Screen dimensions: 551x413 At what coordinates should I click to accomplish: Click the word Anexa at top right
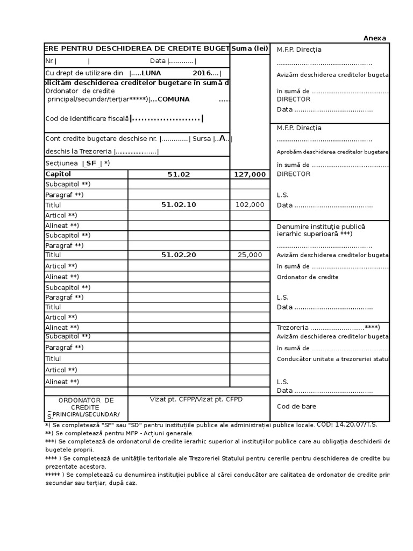pyautogui.click(x=375, y=38)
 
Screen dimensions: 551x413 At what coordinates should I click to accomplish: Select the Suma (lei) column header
pyautogui.click(x=250, y=49)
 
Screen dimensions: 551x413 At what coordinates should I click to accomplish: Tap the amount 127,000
pyautogui.click(x=250, y=174)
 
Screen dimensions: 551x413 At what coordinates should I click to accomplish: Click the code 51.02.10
pyautogui.click(x=179, y=204)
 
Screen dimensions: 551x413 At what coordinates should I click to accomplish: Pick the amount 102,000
pyautogui.click(x=250, y=204)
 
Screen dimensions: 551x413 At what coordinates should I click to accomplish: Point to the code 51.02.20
pyautogui.click(x=179, y=255)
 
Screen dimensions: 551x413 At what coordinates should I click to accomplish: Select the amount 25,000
pyautogui.click(x=250, y=255)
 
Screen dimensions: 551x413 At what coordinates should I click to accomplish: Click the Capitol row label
pyautogui.click(x=58, y=174)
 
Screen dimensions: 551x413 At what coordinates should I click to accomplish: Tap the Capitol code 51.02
pyautogui.click(x=179, y=174)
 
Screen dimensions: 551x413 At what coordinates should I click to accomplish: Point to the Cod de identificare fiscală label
pyautogui.click(x=87, y=118)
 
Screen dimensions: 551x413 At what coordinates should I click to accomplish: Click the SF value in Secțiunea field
pyautogui.click(x=91, y=163)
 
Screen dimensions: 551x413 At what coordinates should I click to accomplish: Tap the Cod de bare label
pyautogui.click(x=296, y=407)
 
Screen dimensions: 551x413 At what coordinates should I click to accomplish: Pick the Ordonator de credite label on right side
pyautogui.click(x=308, y=277)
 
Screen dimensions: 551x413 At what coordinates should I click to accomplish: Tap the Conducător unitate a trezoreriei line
pyautogui.click(x=332, y=359)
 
